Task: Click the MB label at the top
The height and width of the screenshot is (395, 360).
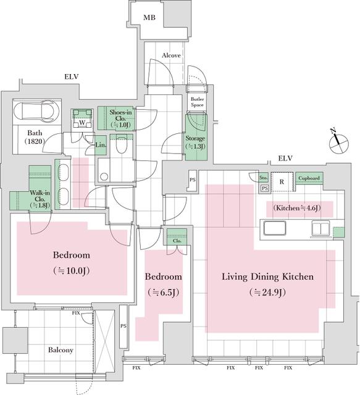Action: (149, 18)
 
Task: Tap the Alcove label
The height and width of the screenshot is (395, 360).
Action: (171, 56)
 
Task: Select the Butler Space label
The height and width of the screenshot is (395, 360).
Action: (197, 102)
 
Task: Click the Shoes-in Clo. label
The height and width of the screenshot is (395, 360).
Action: (120, 118)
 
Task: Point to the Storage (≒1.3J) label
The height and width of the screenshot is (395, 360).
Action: (195, 143)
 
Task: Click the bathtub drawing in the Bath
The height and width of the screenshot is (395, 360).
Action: (36, 112)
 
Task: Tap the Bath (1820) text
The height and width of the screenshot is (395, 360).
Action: (34, 137)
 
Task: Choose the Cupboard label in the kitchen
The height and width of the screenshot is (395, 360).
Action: (309, 178)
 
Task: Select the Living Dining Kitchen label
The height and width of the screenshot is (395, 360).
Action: (267, 276)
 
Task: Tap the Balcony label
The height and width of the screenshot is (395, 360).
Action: (61, 350)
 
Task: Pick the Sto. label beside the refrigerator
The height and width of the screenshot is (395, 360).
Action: (263, 177)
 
